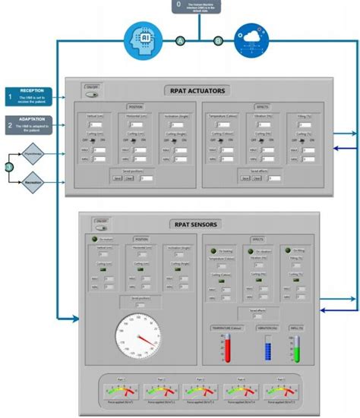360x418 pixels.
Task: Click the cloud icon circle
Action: [x=251, y=38]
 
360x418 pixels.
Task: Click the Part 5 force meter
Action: [x=279, y=389]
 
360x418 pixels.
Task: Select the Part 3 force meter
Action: [x=199, y=389]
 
